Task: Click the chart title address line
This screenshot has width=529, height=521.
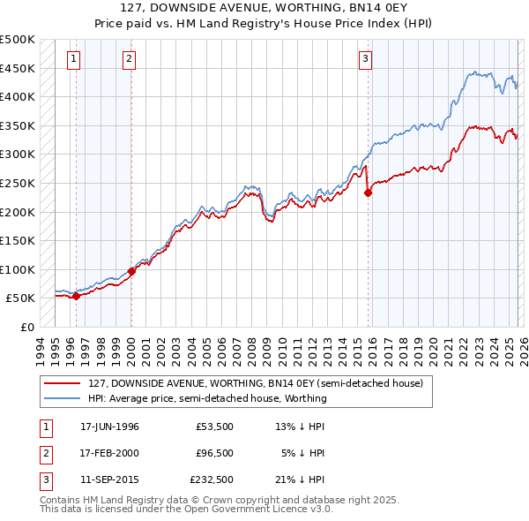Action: [x=264, y=7]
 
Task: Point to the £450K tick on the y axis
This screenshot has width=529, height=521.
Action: [x=17, y=68]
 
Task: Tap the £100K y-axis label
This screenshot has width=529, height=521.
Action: [x=17, y=269]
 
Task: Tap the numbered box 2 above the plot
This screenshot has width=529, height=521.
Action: [x=129, y=59]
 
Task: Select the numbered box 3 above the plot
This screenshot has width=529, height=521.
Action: [x=364, y=59]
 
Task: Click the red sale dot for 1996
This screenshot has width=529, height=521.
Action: [x=76, y=296]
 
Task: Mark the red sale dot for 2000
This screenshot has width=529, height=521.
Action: [x=131, y=271]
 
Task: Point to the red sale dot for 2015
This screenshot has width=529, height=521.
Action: [x=368, y=193]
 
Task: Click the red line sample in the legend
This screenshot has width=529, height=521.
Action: [x=63, y=383]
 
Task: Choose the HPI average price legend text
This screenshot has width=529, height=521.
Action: [x=207, y=398]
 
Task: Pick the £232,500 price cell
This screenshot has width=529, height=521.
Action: [x=212, y=479]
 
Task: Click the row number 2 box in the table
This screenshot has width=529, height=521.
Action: [x=45, y=453]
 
